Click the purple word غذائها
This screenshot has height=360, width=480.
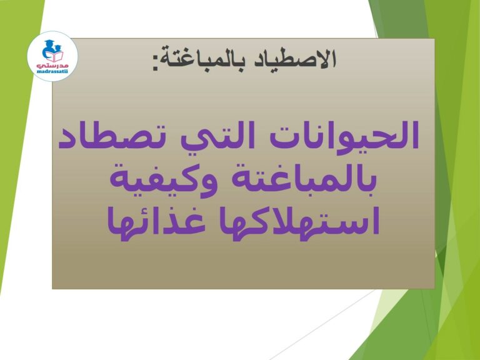pyautogui.click(x=156, y=222)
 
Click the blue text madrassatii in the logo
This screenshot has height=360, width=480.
pyautogui.click(x=52, y=71)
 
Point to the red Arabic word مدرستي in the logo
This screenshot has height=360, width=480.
pyautogui.click(x=52, y=65)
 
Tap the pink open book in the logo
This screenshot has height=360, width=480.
pyautogui.click(x=54, y=57)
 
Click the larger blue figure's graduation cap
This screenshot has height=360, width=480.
pyautogui.click(x=49, y=42)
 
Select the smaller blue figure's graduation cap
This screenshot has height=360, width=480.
pyautogui.click(x=58, y=46)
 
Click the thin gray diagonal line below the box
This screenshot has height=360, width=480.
pyautogui.click(x=322, y=325)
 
